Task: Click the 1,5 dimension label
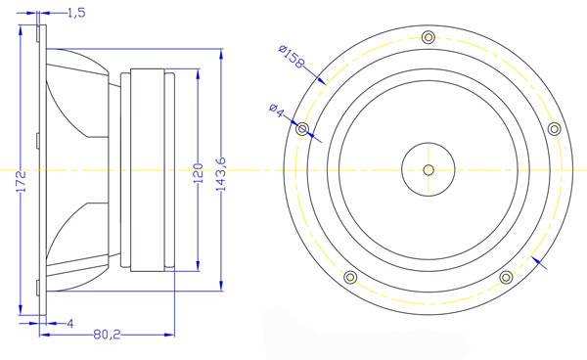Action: coord(75,13)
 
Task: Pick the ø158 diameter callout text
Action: coord(292,59)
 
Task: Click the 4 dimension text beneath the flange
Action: coord(70,323)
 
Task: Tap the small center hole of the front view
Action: coord(428,169)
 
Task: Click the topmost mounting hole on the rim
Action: coord(428,37)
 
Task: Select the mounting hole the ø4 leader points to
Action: coord(302,129)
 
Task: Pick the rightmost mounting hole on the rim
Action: coord(553,129)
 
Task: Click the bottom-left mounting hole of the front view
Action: coord(349,277)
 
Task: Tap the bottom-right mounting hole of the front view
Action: coord(506,277)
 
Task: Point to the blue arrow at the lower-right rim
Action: coord(538,260)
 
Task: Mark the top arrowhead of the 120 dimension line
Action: coord(198,75)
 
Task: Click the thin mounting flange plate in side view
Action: coord(38,169)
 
